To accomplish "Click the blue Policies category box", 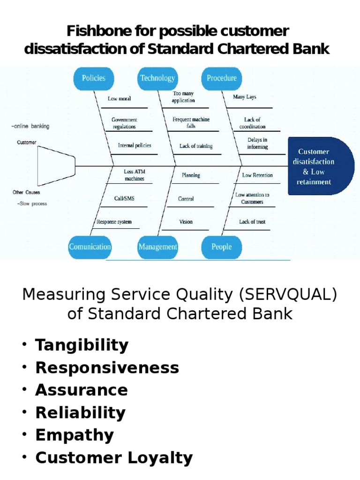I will coord(94,78).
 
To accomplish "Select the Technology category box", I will coord(157,78).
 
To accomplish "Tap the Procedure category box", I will coord(222,78).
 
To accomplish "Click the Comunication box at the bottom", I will coord(90,247).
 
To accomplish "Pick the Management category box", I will coord(157,247).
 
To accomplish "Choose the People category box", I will coord(222,247).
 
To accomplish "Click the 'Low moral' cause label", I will coord(120,99).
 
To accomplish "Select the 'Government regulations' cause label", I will coord(124,123).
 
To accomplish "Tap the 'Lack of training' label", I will coord(196,146).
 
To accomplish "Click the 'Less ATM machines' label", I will coord(135,175).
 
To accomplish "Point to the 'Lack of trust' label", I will coord(252,222).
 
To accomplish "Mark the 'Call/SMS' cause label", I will coord(124,199).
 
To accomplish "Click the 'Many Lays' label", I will coord(245,97).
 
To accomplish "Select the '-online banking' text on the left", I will coord(30,126).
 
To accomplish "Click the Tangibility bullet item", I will coord(82,345).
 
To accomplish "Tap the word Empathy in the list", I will coord(75,435).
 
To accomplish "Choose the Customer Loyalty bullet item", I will coord(114,457).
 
